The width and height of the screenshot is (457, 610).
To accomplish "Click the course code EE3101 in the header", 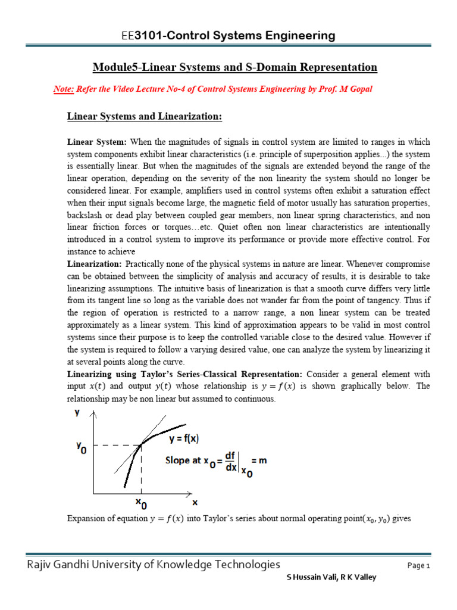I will (x=139, y=36).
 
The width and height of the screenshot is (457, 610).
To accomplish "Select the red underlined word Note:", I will (x=64, y=89).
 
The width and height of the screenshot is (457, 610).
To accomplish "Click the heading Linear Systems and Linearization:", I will (x=143, y=117).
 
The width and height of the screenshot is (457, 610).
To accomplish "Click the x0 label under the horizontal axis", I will (x=142, y=503).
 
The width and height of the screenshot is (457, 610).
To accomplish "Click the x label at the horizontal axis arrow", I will (x=195, y=502).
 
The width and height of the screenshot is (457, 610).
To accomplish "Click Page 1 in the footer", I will (x=418, y=566).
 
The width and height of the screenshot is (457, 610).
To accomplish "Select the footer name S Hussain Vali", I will (x=312, y=577).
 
